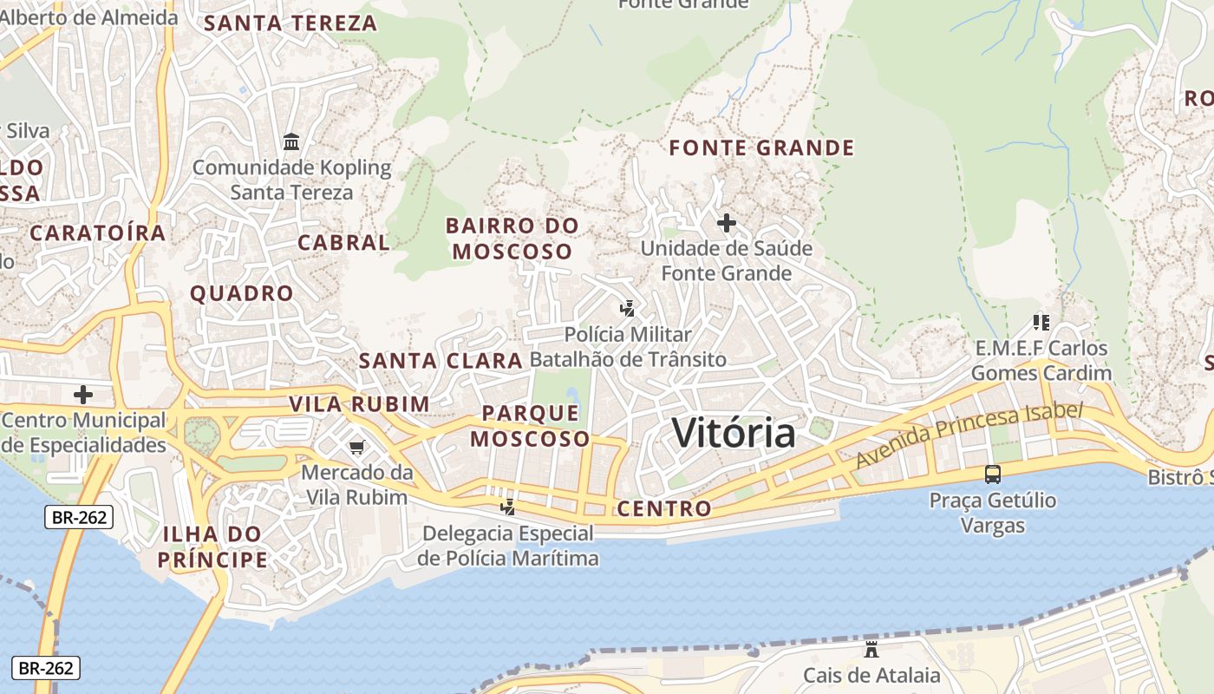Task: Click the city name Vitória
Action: pyautogui.click(x=734, y=433)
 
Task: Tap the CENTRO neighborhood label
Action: pyautogui.click(x=664, y=508)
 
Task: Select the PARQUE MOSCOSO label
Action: pyautogui.click(x=530, y=426)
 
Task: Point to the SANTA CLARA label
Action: pyautogui.click(x=441, y=361)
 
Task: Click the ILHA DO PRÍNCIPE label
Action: pyautogui.click(x=213, y=547)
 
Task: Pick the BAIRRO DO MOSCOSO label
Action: pyautogui.click(x=512, y=239)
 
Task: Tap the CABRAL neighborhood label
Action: pyautogui.click(x=343, y=243)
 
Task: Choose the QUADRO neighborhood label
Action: pyautogui.click(x=242, y=293)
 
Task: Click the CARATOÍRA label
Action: pyautogui.click(x=97, y=232)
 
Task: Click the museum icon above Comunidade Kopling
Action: pyautogui.click(x=291, y=141)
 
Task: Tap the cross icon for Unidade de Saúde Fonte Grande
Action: pyautogui.click(x=727, y=223)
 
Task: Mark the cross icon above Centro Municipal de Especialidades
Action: pyautogui.click(x=83, y=395)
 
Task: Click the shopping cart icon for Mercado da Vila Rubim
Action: pyautogui.click(x=356, y=448)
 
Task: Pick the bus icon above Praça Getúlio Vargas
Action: pyautogui.click(x=993, y=475)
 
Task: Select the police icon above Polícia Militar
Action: pyautogui.click(x=628, y=308)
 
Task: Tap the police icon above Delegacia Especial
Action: pyautogui.click(x=508, y=507)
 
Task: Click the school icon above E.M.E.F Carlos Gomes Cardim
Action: pyautogui.click(x=1041, y=323)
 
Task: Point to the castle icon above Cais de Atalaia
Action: pyautogui.click(x=871, y=649)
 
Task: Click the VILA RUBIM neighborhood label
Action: pyautogui.click(x=359, y=404)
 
